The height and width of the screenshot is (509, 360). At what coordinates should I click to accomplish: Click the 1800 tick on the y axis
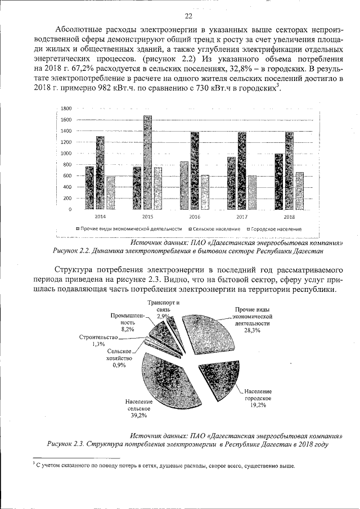(66, 109)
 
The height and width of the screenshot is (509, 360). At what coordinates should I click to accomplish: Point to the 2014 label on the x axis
(99, 217)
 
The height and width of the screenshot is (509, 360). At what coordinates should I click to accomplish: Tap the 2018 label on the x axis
(289, 217)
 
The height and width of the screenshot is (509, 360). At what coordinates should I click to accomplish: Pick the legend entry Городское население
(274, 229)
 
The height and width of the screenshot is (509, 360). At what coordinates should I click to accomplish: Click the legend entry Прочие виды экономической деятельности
(132, 229)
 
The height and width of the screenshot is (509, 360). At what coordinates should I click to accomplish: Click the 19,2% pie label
(258, 405)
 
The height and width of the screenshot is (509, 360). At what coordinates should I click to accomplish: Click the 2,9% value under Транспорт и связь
(164, 317)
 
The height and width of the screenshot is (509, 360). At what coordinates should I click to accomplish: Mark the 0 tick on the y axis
(70, 210)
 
